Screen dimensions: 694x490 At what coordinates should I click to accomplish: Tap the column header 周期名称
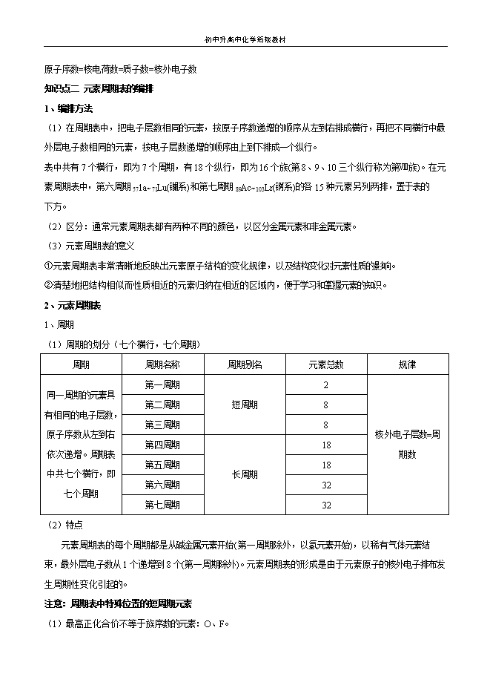tap(162, 364)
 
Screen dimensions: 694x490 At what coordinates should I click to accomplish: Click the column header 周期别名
tap(244, 364)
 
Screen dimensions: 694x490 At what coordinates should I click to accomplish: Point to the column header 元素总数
tap(326, 364)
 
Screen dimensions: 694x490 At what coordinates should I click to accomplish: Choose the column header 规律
tap(407, 364)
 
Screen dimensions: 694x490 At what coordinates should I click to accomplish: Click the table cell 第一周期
tap(162, 384)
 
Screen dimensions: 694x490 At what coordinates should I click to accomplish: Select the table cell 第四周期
tap(162, 445)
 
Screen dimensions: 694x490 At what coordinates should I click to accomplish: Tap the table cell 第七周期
tap(162, 505)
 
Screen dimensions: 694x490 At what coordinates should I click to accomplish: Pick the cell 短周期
tap(244, 405)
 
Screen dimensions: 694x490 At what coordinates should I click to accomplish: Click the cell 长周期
tap(244, 475)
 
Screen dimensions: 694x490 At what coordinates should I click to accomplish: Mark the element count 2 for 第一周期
tap(326, 384)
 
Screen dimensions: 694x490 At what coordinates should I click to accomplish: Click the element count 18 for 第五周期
tap(326, 465)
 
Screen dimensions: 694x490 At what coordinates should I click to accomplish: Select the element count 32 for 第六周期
tap(326, 485)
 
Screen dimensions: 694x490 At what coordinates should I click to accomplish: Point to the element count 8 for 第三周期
tap(326, 425)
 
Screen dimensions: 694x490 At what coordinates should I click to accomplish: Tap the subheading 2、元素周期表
tap(72, 305)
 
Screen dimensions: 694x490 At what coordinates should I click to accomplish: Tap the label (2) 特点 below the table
tap(64, 524)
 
